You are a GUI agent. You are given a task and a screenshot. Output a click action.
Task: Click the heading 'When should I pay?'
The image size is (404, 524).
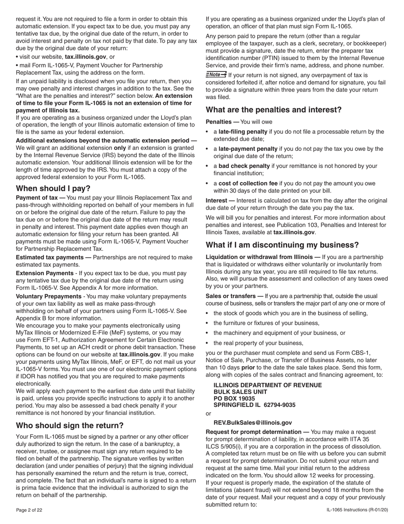53,188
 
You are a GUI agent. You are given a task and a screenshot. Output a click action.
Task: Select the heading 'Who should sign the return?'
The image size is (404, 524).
70,425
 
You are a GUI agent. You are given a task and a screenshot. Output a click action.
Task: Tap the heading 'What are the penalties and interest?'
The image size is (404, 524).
273,109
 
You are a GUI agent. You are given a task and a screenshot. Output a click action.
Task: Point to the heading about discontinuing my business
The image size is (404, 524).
282,245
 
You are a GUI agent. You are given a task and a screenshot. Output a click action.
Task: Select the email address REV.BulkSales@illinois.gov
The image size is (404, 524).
253,423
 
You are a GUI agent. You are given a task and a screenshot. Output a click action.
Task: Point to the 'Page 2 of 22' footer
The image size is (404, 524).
29,510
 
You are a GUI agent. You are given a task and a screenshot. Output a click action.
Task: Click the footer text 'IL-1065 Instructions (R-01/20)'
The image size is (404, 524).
357,510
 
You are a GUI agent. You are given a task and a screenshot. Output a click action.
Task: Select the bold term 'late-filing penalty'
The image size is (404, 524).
243,132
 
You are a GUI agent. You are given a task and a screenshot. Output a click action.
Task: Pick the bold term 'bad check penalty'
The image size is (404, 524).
244,166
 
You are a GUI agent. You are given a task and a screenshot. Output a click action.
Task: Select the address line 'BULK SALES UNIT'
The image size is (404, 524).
240,392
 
